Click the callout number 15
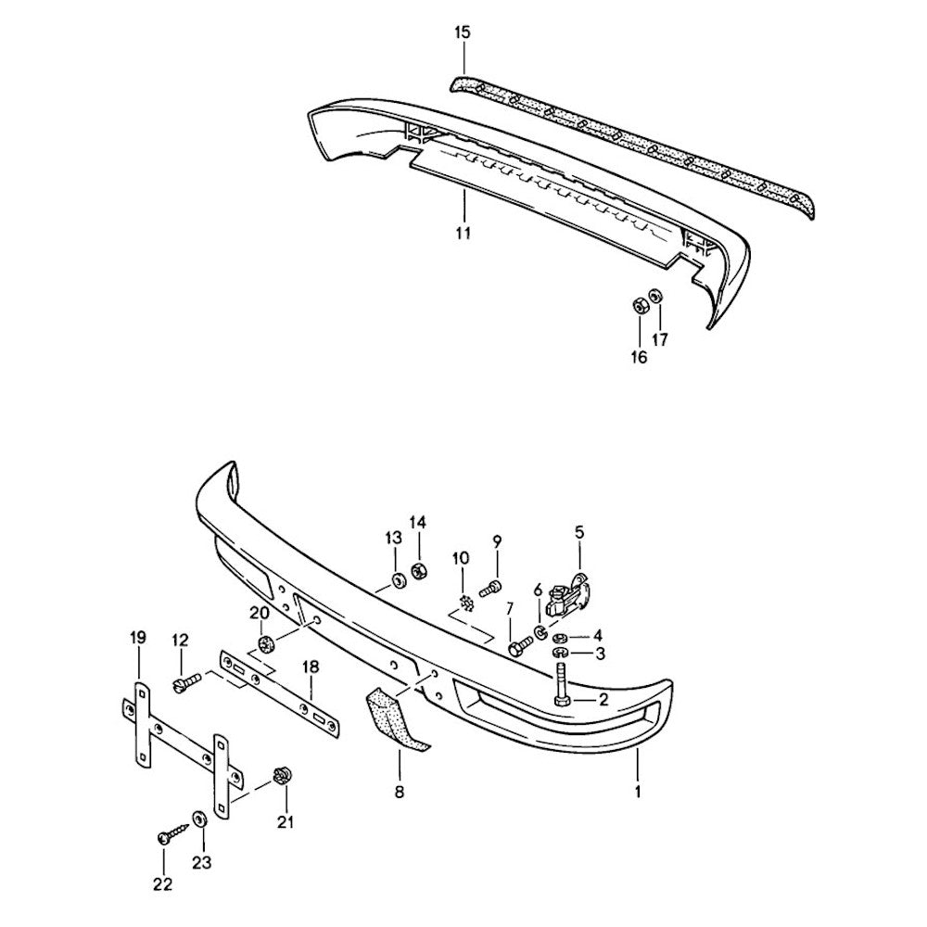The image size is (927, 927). coord(463,33)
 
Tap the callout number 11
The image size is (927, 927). coord(463,233)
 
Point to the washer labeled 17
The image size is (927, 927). coord(654,296)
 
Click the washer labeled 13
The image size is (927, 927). coord(396,582)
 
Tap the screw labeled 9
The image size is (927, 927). coord(491,586)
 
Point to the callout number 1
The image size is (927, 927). coord(638,793)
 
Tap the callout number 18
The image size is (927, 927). coord(311,667)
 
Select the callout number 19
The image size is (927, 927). coord(138,638)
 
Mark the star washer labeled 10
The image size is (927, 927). coord(466,603)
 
